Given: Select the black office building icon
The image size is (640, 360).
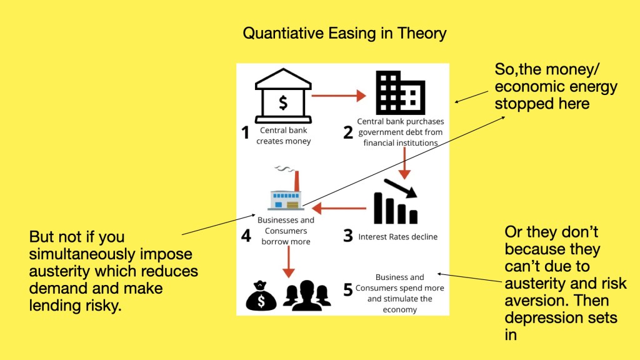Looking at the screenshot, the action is pos(401,92).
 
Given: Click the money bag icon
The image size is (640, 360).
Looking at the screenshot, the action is pos(261,296).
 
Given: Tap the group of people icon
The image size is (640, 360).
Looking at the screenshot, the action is pos(306,296).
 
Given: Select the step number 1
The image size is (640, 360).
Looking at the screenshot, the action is pos(245,132).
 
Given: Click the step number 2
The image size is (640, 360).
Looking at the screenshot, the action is pos(348,132).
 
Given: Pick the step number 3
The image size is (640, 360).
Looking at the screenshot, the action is pos(347,236).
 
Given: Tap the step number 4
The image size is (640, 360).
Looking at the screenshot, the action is pos(246,236).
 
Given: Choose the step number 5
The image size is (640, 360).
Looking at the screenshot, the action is pos(347,290).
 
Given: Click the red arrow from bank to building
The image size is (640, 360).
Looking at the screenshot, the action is pos(339,96).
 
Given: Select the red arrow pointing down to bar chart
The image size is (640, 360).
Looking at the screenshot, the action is pos(404,163).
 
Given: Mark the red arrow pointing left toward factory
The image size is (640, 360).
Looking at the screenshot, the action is pos(339,208).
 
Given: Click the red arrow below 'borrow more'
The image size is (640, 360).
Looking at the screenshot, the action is pos(289,262).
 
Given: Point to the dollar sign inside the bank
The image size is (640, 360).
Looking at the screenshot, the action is pos(283,103).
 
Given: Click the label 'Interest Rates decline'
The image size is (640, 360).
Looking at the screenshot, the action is pos(398,237).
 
